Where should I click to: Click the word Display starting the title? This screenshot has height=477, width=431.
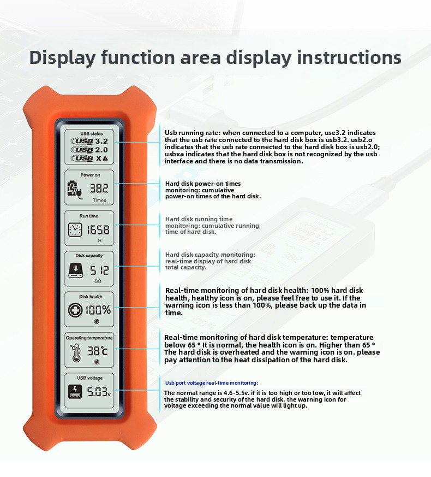point(62,58)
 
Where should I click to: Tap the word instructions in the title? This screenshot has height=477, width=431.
point(349,57)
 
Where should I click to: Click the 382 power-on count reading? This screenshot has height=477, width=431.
point(99,189)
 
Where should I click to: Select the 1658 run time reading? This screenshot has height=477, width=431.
point(98,229)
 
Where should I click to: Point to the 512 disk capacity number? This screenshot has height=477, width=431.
point(99,270)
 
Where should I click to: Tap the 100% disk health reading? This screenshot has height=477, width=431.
point(98,310)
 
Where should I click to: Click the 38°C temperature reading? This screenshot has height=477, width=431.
point(98,351)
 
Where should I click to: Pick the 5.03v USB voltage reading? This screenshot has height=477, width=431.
point(99,392)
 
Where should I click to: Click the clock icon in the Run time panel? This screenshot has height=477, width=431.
point(75,229)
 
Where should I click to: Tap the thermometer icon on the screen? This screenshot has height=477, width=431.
point(75,352)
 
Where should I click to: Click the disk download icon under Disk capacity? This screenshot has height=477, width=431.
point(76,270)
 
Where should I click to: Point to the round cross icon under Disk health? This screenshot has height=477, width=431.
point(75,310)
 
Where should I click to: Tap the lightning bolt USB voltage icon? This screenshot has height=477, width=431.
point(75,392)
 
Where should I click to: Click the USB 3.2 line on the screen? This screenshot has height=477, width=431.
point(89,141)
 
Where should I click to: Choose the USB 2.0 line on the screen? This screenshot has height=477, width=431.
point(89,150)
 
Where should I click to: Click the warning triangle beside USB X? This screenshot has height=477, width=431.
point(105,158)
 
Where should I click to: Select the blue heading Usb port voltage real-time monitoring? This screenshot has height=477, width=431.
point(211,383)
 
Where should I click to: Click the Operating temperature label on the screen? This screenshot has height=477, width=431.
point(89,338)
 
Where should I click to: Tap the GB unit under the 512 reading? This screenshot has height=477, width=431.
point(98,281)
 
